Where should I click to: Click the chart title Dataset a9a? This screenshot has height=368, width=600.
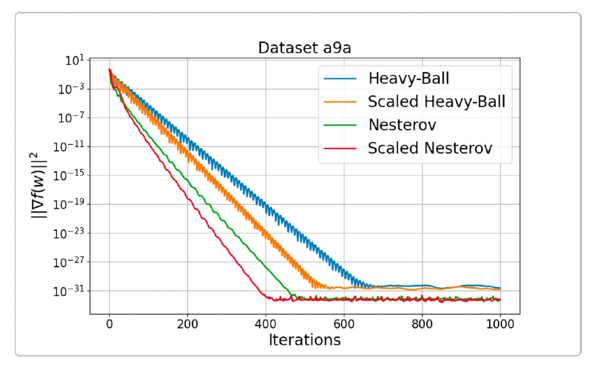tap(304, 48)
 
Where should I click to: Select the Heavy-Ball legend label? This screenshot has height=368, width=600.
tap(409, 78)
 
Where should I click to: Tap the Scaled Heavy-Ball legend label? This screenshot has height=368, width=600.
tap(436, 101)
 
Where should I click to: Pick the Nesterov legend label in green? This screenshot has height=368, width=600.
tap(402, 125)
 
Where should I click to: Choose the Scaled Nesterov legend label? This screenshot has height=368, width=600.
tap(430, 148)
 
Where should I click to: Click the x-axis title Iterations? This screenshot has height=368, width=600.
tap(304, 340)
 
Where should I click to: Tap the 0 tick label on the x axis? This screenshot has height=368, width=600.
tap(109, 324)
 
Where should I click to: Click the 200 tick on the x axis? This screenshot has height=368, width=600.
tap(187, 324)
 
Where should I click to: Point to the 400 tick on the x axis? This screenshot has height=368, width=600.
tap(266, 324)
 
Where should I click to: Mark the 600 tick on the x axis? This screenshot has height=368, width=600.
tap(344, 324)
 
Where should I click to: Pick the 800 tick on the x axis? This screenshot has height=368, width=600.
tap(422, 324)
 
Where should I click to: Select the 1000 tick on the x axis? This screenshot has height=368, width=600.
tap(500, 324)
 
